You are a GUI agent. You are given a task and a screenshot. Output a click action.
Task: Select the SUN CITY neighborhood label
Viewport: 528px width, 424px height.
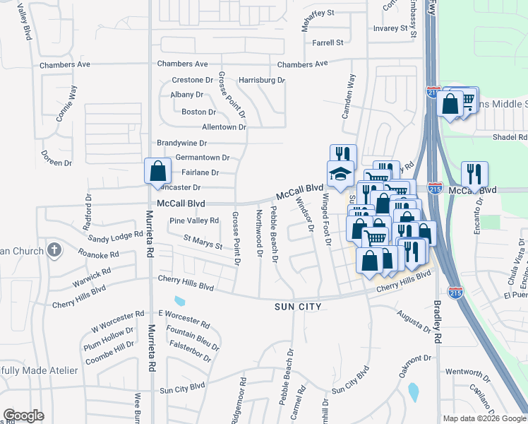click(x=298, y=307)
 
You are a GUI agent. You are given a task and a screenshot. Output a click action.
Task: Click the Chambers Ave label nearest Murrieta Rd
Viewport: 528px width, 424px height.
click(x=182, y=64)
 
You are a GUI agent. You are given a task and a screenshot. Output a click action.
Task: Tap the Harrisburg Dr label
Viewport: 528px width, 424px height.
click(x=261, y=80)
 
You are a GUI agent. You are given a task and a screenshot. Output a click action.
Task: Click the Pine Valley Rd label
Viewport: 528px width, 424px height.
click(x=194, y=221)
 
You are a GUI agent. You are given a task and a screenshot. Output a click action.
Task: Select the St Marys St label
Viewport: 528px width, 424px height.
click(x=203, y=242)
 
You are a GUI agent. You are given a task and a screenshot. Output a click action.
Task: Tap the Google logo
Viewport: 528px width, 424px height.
click(x=23, y=416)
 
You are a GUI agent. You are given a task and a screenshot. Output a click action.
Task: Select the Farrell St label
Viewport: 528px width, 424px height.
click(x=328, y=42)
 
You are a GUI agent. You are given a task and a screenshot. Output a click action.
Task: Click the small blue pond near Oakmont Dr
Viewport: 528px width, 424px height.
click(x=413, y=390)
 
